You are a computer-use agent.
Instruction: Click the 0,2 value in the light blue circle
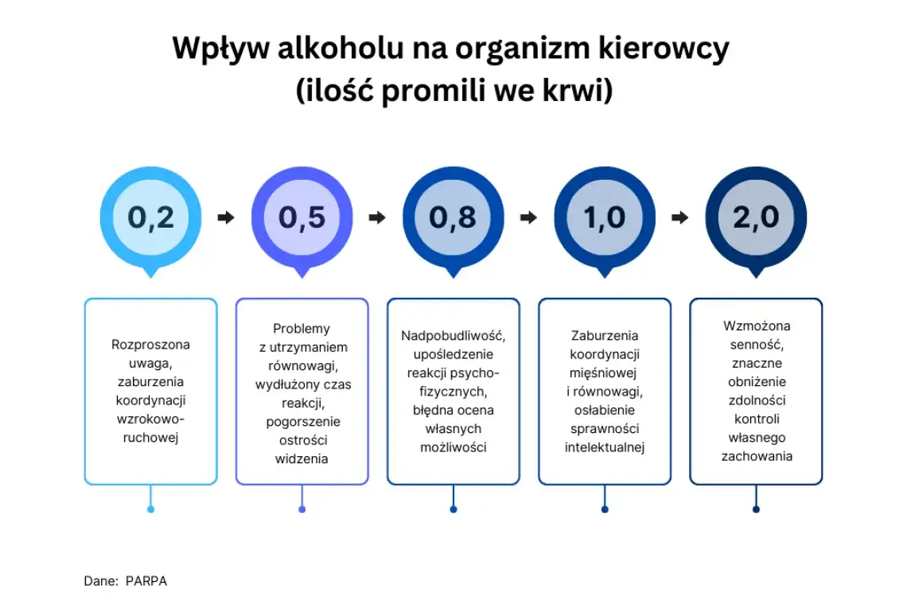click(x=150, y=217)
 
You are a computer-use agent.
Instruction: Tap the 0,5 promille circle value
click(x=302, y=217)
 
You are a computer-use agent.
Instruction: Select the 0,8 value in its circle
click(x=453, y=217)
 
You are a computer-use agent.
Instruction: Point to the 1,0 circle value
click(x=605, y=217)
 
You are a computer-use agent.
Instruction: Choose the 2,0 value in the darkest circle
click(x=756, y=217)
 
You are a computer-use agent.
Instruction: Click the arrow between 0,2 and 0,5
click(x=226, y=217)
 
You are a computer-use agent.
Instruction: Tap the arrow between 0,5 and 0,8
click(x=377, y=217)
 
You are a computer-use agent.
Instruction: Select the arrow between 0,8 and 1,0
click(x=528, y=217)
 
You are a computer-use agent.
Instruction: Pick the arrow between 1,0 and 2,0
click(x=679, y=217)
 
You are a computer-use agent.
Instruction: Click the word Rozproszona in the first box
click(x=150, y=345)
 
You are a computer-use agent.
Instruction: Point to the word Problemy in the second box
click(x=302, y=329)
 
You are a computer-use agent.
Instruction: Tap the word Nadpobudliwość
click(x=453, y=335)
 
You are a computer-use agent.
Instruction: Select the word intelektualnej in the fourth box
click(x=605, y=447)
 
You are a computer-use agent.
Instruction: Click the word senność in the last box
click(x=756, y=345)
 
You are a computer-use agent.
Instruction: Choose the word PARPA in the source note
click(x=146, y=581)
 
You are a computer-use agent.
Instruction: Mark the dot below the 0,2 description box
click(x=150, y=509)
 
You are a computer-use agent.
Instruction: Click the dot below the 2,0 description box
click(x=756, y=509)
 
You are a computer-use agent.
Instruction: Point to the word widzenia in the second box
click(x=302, y=459)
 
